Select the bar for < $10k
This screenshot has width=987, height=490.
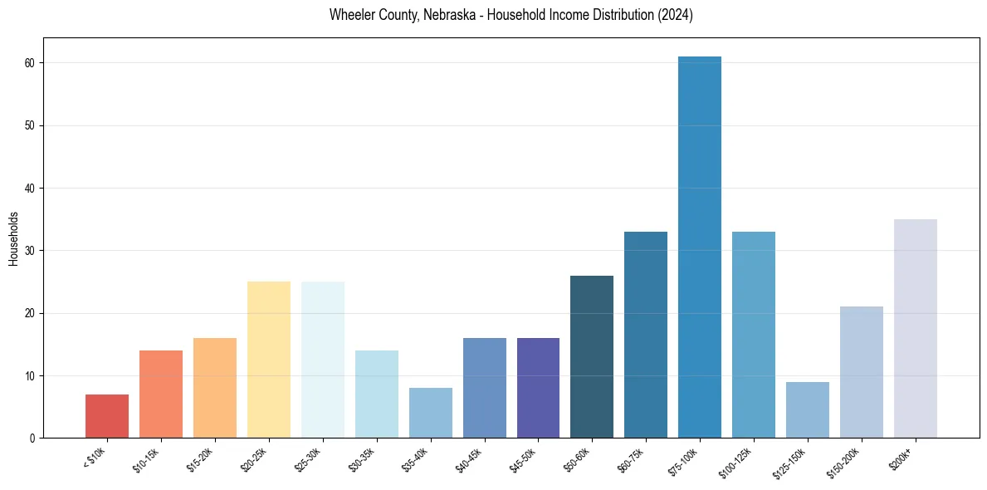coord(107,416)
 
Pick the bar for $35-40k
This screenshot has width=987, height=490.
coord(431,413)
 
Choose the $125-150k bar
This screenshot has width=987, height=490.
coord(808,409)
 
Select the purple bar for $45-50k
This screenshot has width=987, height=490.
coord(538,388)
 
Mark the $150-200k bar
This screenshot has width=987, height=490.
coord(862,372)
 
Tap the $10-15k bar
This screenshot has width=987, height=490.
coord(161,394)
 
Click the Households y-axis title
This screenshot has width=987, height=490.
coord(14,238)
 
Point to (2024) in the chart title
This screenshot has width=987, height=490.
coord(675,15)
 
